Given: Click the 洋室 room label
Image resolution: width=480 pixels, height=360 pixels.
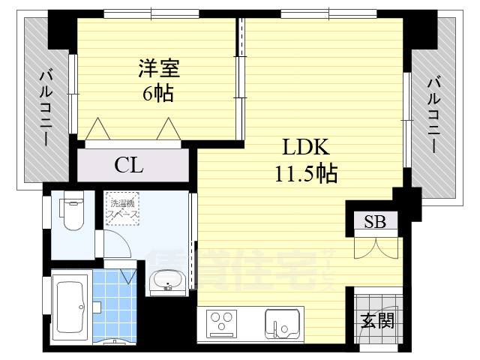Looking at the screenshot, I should coord(158,69).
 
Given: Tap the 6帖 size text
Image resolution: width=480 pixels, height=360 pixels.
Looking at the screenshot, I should coord(158,94).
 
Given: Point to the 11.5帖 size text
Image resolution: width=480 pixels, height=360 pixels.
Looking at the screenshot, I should coord(305,174).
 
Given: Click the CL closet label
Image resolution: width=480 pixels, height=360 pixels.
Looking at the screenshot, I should coord(129,166).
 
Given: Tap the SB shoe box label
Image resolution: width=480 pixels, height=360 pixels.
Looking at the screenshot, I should coord(375,220).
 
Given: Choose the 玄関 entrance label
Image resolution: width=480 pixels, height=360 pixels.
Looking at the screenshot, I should coord(376,321).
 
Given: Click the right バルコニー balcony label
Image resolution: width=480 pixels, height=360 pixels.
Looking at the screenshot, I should coord(434,112).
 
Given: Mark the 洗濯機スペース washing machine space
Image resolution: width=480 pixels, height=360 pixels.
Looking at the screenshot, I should coord(121,208).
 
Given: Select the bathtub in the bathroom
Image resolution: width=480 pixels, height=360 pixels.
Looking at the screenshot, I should coord(73,307).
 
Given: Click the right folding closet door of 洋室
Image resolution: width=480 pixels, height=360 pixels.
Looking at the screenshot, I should coord(166,130).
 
